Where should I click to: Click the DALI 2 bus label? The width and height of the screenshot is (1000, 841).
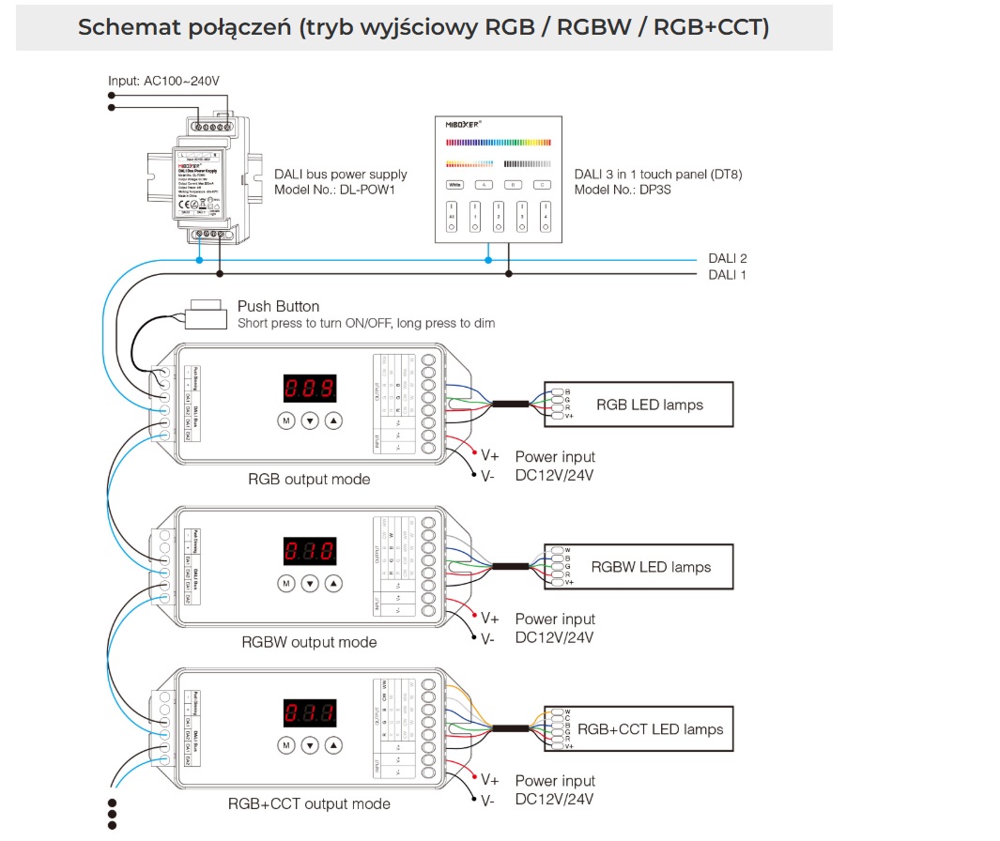point(727,258)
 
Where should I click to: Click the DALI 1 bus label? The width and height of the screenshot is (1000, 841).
point(727,275)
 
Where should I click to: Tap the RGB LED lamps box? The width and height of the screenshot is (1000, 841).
point(638,405)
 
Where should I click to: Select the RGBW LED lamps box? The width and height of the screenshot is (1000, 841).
point(638,567)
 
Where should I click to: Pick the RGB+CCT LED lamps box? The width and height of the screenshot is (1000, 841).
point(638,729)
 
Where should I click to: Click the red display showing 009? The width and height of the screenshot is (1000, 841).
point(309,389)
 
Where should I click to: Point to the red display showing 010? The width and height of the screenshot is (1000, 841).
point(309,551)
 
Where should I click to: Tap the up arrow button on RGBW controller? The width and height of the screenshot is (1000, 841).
point(333,584)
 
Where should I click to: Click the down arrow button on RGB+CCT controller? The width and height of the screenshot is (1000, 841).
point(310,746)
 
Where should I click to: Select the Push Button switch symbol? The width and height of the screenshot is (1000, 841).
point(206,313)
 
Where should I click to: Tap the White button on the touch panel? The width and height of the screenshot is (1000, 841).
point(455,185)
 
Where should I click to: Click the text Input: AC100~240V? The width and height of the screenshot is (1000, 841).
point(163,82)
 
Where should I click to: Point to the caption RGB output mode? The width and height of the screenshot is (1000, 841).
point(309,480)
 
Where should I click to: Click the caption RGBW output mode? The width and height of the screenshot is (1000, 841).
point(309,643)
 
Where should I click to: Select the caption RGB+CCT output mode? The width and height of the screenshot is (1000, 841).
point(309,804)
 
